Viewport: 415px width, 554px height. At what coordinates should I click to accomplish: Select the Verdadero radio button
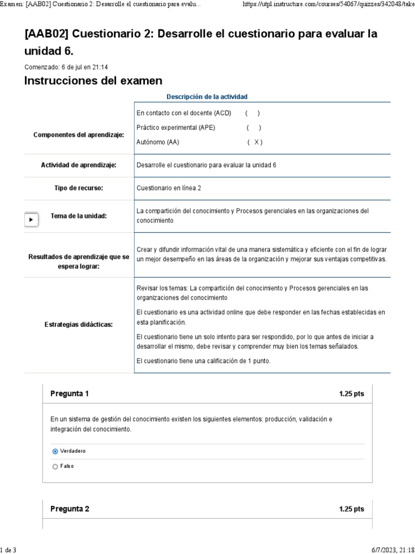(x=55, y=451)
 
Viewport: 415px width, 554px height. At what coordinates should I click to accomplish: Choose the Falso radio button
(x=55, y=466)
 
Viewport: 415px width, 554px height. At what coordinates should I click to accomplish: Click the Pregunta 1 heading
(x=70, y=394)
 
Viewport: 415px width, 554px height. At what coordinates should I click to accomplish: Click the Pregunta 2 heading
(x=70, y=509)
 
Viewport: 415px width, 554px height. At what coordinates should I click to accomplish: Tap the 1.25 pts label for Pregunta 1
(x=351, y=394)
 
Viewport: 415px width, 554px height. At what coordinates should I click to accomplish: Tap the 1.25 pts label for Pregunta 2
(x=351, y=509)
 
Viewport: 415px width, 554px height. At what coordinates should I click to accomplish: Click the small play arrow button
(x=31, y=220)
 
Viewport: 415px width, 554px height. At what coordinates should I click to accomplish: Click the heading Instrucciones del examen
(x=93, y=81)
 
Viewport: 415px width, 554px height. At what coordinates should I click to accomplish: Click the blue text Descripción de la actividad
(x=207, y=97)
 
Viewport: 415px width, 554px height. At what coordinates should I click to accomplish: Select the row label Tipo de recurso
(x=79, y=188)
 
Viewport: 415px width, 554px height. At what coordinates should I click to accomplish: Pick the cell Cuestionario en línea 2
(x=169, y=188)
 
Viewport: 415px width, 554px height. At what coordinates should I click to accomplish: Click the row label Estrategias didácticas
(x=79, y=325)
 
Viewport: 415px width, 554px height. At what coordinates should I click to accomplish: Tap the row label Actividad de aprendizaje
(x=79, y=165)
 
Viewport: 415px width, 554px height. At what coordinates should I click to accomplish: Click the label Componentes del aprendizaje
(x=79, y=135)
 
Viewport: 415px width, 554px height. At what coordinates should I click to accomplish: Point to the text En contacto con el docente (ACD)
(x=184, y=113)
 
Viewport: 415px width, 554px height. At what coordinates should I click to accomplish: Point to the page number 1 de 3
(x=8, y=550)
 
